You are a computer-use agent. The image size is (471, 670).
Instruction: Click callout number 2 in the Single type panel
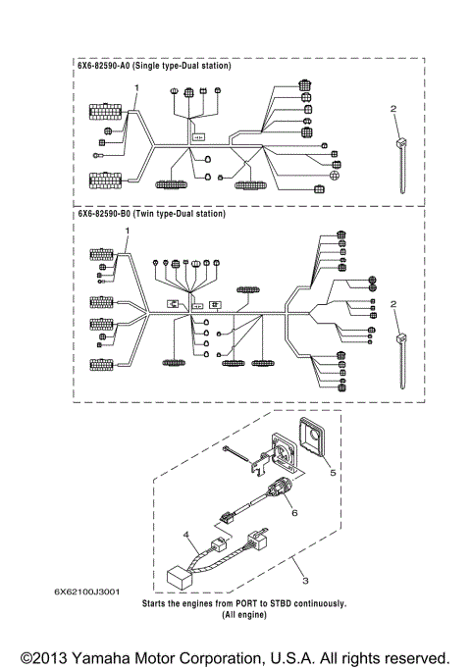[393, 108]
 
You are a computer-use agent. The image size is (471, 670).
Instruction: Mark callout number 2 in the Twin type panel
[393, 306]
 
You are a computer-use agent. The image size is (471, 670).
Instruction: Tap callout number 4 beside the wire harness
[185, 536]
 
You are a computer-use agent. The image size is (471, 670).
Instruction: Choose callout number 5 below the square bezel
[332, 472]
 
